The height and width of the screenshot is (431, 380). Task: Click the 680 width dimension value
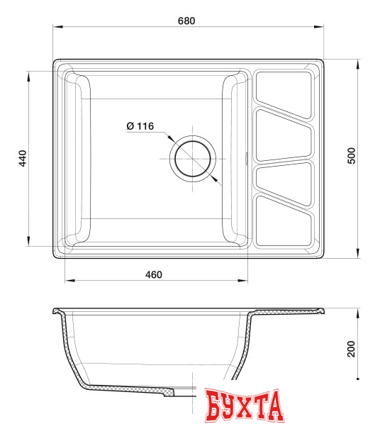pos(186,21)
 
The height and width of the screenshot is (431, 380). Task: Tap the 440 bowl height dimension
pos(23,158)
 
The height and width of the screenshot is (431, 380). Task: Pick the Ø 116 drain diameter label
pos(140,126)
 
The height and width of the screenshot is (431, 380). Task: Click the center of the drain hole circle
pos(192,157)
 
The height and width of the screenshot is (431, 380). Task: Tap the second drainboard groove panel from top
pos(282,134)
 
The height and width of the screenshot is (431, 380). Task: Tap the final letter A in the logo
pos(275,406)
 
